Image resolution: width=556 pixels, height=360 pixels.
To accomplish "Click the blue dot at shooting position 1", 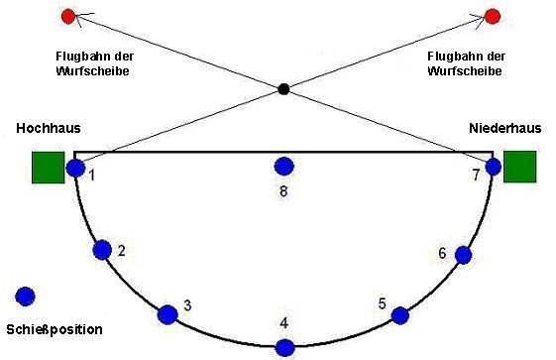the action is (x=75, y=168).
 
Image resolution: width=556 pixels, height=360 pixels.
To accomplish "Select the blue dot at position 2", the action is (x=102, y=250).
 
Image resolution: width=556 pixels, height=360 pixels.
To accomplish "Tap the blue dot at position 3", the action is (x=167, y=314).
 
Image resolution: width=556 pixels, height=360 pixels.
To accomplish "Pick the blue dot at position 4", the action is (x=285, y=348).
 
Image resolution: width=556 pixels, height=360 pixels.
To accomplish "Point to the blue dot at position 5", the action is (x=400, y=315).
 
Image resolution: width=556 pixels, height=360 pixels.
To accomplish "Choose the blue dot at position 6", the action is (x=463, y=255).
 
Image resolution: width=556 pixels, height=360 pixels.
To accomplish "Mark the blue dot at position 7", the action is (x=493, y=167).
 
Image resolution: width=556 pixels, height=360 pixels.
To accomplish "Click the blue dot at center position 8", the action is (x=284, y=166).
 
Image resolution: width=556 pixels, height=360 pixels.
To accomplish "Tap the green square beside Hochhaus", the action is (x=49, y=168).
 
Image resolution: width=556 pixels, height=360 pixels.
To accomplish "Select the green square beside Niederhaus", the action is (x=520, y=167).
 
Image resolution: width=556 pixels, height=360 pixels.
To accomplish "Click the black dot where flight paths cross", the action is (x=283, y=89).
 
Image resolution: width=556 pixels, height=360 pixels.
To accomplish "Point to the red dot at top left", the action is (x=68, y=16).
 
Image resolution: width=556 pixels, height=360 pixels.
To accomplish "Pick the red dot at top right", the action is (x=493, y=17).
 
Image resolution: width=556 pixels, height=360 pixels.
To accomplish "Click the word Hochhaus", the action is (x=49, y=128).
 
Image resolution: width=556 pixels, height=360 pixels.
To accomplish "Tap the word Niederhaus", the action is (x=504, y=128).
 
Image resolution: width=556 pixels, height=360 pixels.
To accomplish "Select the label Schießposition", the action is (x=55, y=329).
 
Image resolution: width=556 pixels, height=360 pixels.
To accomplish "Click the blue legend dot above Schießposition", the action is (x=25, y=297).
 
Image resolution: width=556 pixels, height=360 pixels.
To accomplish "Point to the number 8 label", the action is (x=283, y=191).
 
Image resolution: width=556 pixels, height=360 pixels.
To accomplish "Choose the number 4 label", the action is (x=284, y=323).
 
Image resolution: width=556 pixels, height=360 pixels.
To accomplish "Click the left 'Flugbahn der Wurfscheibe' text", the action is (x=94, y=63).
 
